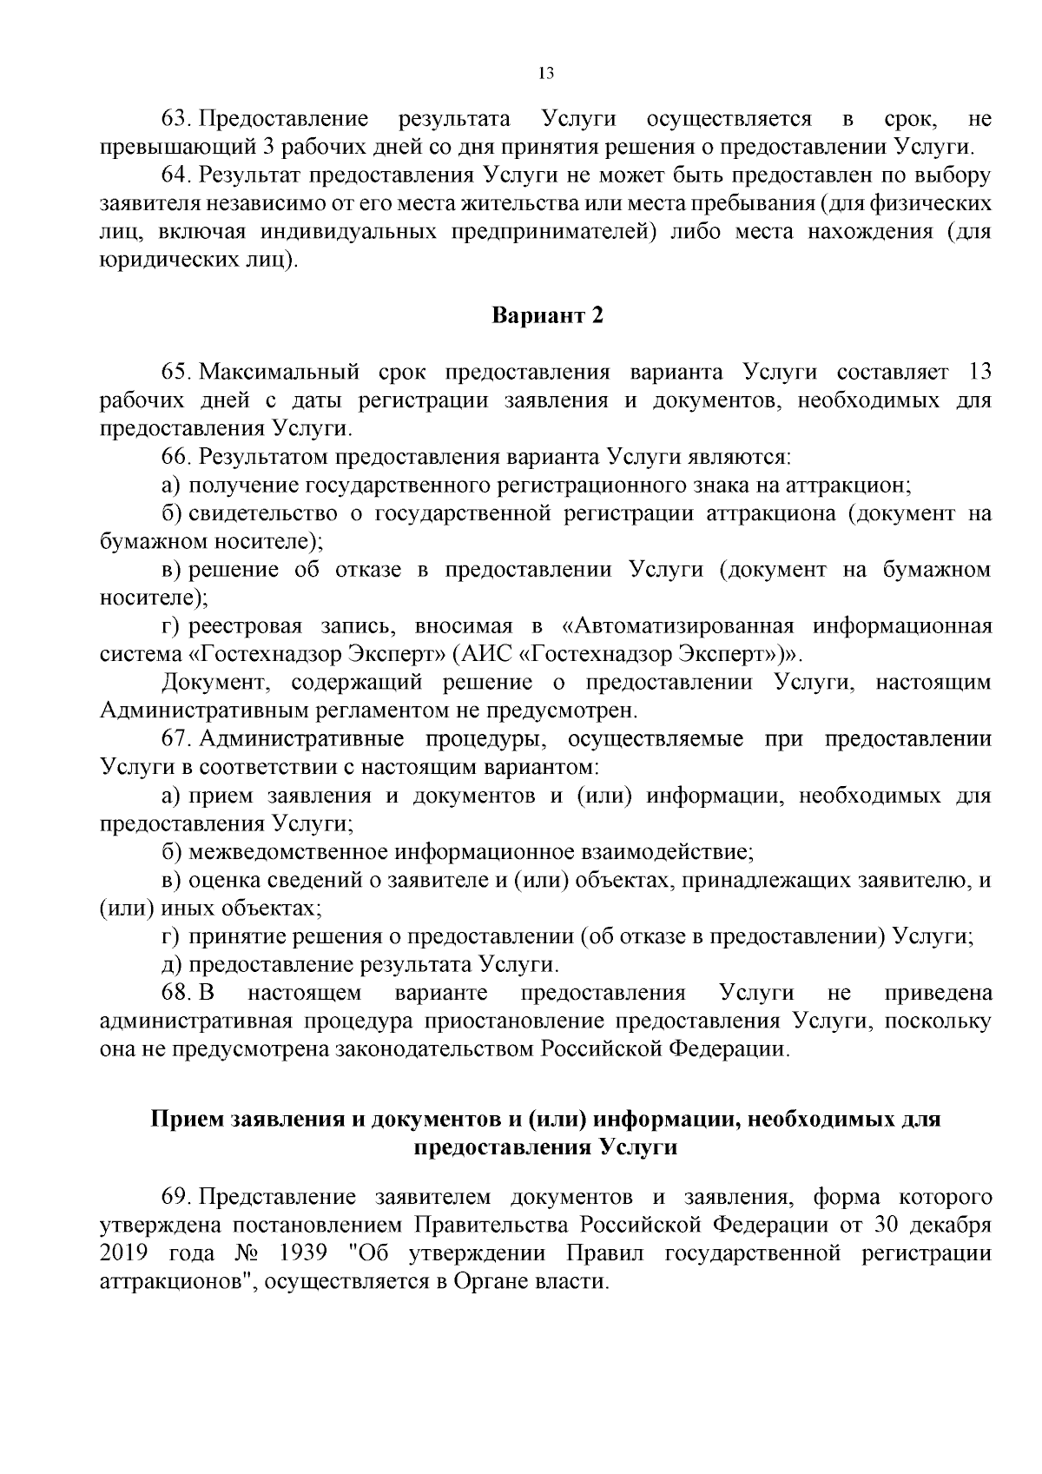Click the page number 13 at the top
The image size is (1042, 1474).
click(x=546, y=74)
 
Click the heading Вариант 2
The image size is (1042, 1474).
click(x=547, y=315)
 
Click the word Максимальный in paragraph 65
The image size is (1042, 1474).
click(x=280, y=373)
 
